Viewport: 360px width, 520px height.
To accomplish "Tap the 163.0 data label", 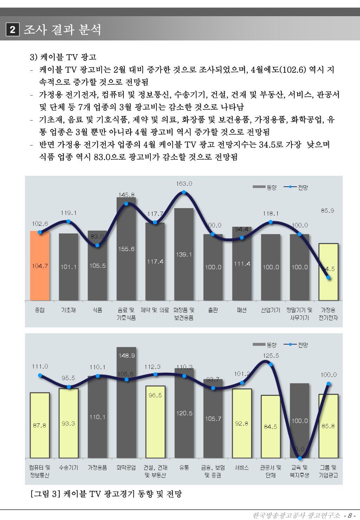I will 184,184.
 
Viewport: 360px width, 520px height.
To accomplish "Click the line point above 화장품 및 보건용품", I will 184,192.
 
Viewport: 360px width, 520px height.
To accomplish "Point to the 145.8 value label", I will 126,194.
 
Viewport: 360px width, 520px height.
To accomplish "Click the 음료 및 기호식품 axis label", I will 126,314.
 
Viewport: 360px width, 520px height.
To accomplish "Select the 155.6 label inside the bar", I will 126,249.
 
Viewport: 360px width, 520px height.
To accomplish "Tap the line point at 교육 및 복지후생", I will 300,458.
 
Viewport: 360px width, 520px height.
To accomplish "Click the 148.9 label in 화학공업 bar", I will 126,355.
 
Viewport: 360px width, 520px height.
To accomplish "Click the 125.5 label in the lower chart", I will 271,355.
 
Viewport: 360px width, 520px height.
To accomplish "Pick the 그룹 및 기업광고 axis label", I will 328,471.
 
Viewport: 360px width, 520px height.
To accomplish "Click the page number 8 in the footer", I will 349,515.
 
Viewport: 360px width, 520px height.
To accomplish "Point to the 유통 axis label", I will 184,468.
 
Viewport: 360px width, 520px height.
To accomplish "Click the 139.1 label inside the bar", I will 184,254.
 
